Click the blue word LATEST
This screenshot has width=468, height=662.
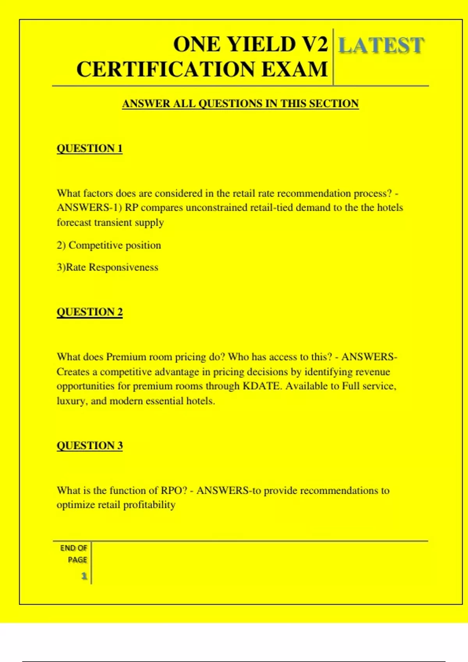[x=381, y=46]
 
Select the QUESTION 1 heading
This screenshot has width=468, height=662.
[x=90, y=148]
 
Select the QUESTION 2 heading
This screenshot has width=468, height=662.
[x=90, y=312]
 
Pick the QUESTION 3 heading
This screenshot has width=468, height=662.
[x=90, y=445]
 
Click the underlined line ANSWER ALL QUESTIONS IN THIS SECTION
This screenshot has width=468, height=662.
[x=240, y=104]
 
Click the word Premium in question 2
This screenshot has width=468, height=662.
[x=126, y=357]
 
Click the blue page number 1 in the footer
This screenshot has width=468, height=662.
[x=84, y=576]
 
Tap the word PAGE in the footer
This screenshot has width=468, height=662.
[x=77, y=560]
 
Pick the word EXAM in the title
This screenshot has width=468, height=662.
[x=294, y=69]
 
